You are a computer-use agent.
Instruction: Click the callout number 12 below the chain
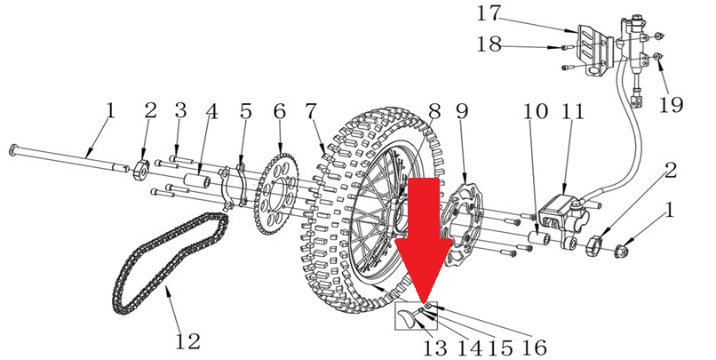tap(188, 340)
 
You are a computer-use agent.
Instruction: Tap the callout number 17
tap(489, 13)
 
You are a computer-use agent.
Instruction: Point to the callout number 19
tap(671, 105)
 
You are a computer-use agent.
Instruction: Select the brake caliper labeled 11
tap(560, 213)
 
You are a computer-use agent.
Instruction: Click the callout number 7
tap(311, 111)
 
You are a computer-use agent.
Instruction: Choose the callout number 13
tap(434, 348)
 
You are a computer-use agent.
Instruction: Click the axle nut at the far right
tap(623, 251)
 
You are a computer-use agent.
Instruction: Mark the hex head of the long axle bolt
tap(14, 150)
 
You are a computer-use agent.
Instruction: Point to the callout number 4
tap(211, 111)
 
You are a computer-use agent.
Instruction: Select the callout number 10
tap(536, 111)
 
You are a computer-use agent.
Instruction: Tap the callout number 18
tap(489, 44)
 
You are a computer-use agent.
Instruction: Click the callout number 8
tap(434, 111)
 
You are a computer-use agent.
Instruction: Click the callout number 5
tap(246, 111)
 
